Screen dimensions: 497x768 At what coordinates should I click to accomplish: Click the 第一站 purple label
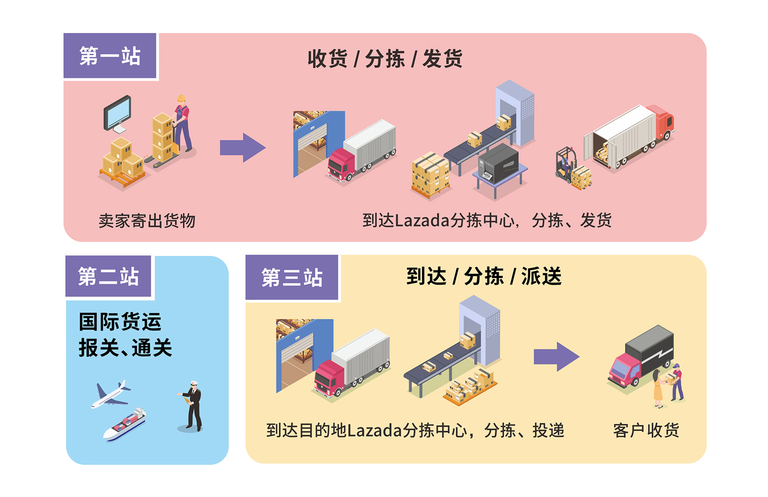[x=110, y=56]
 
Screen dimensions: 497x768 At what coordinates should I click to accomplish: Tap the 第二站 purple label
[x=108, y=276]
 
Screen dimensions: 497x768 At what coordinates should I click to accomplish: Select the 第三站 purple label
[x=292, y=278]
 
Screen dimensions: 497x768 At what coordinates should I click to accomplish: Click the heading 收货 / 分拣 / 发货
[x=385, y=59]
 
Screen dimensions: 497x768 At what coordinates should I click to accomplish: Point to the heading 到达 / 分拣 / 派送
[x=484, y=276]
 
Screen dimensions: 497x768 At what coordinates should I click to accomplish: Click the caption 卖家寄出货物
[x=147, y=221]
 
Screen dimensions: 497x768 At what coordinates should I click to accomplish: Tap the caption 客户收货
[x=646, y=430]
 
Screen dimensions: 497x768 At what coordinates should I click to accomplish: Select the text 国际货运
[x=120, y=322]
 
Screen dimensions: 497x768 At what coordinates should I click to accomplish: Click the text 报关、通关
[x=125, y=348]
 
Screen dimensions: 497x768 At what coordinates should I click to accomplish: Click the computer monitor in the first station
[x=117, y=114]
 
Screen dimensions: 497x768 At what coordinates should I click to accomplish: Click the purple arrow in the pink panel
[x=243, y=148]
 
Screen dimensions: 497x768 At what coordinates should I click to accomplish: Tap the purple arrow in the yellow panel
[x=556, y=357]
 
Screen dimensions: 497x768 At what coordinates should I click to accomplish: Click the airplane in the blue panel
[x=111, y=395]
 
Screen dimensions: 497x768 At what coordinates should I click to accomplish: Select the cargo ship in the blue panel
[x=124, y=425]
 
